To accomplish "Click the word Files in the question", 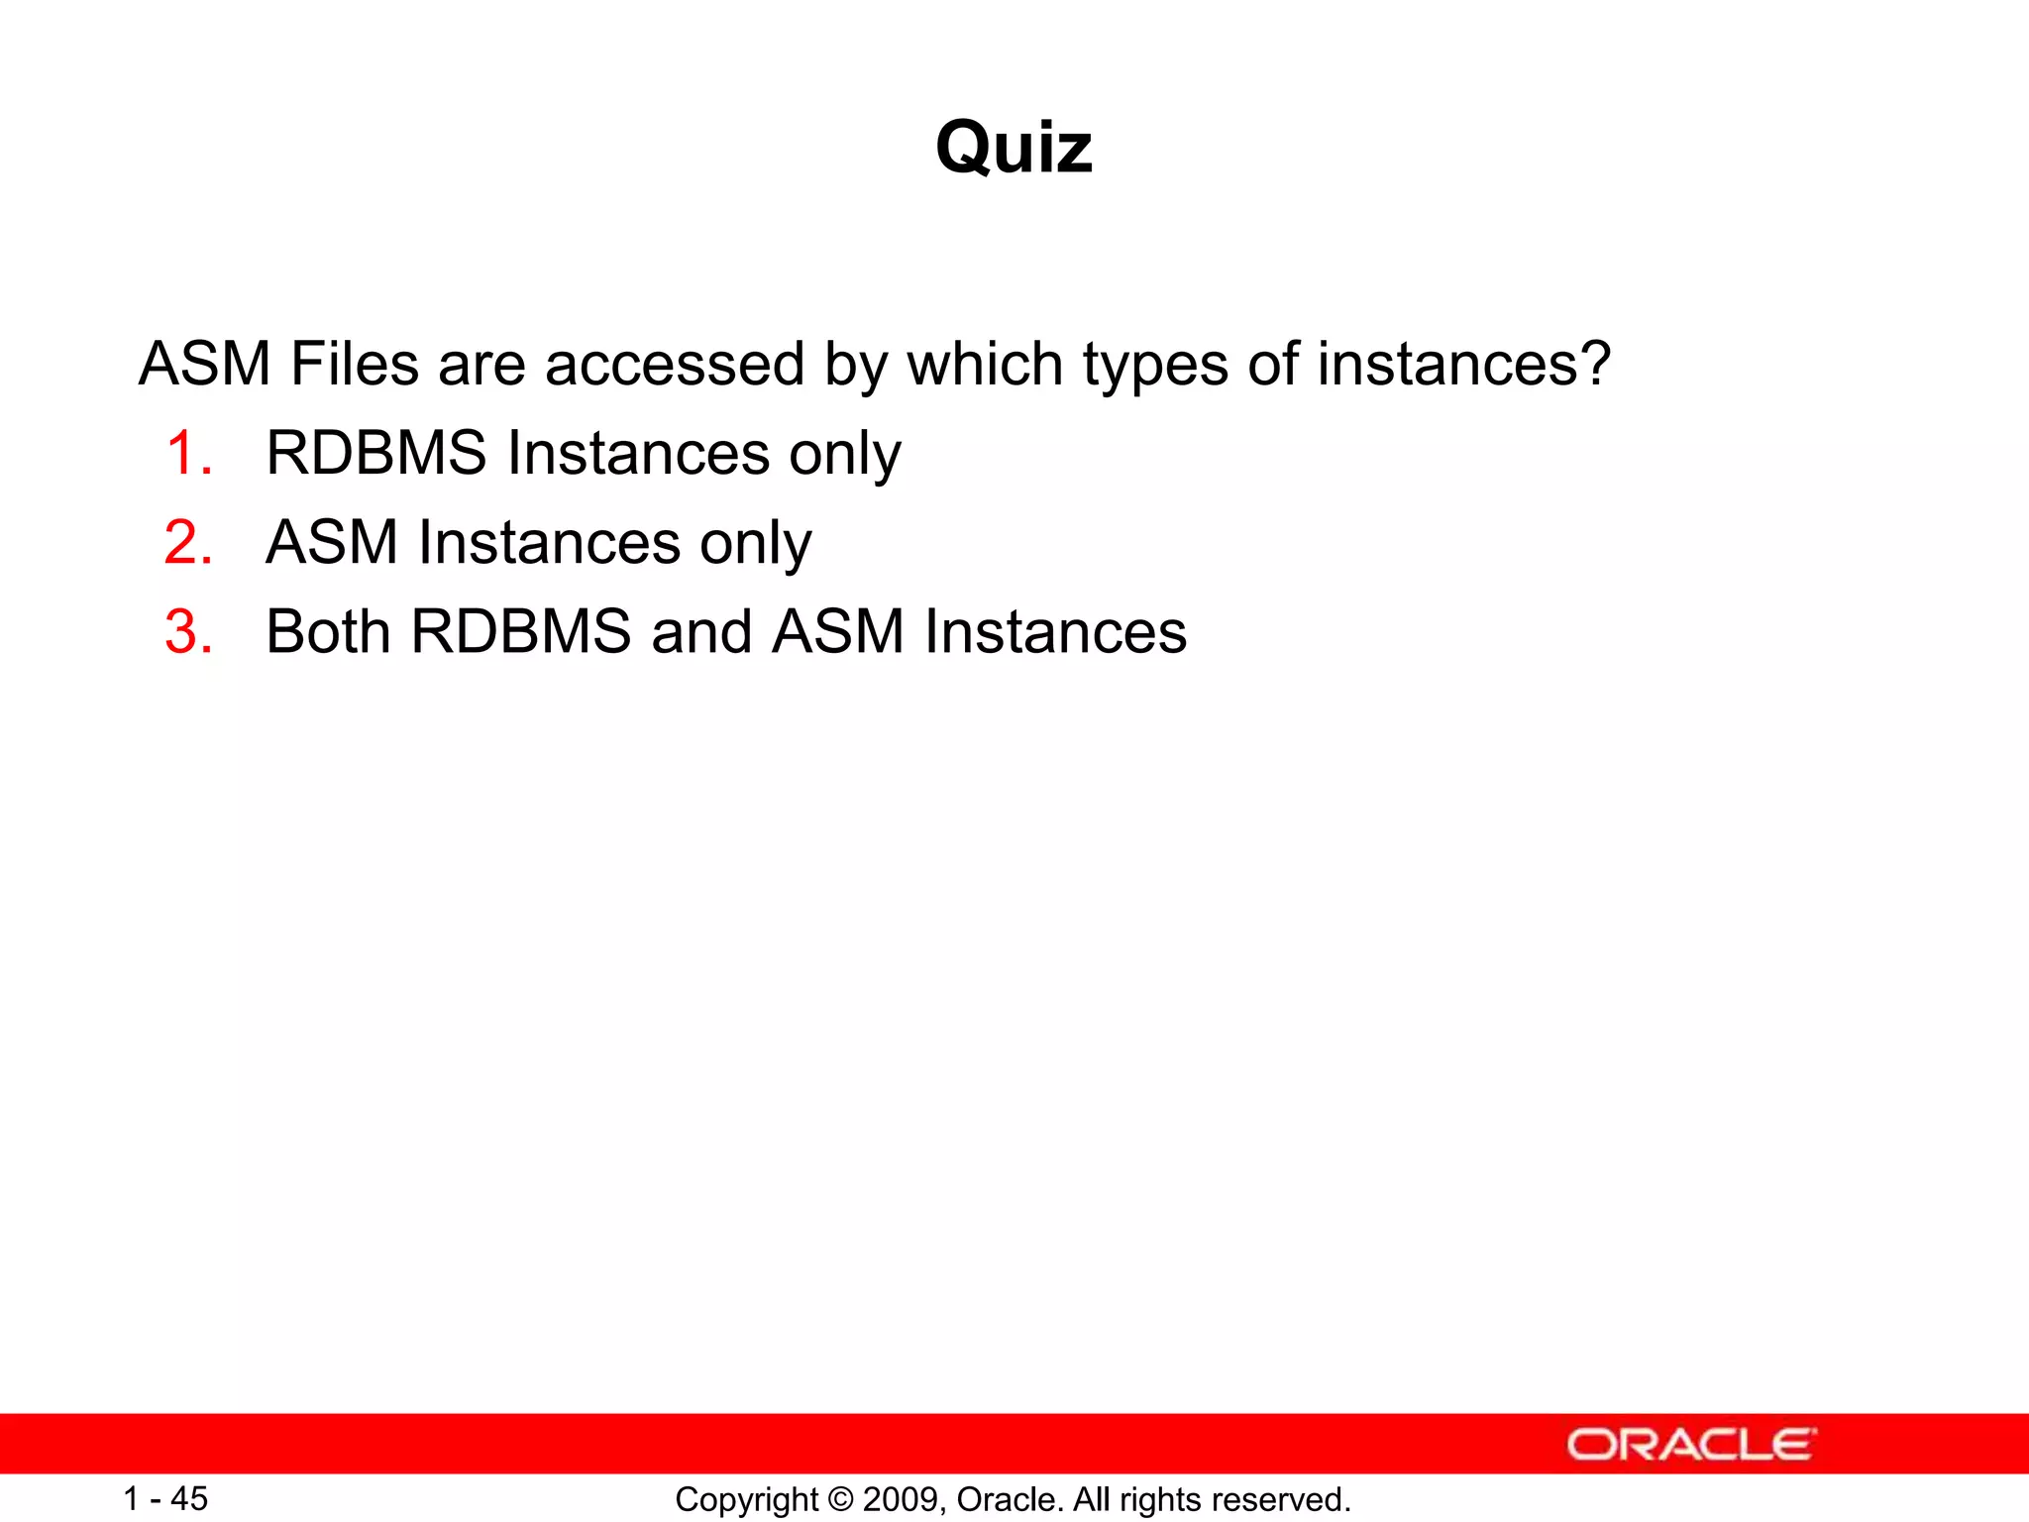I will point(354,364).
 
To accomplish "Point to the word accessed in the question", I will point(674,364).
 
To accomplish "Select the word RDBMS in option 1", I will point(376,454).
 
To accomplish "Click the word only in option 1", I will point(845,454).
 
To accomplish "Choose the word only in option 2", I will point(756,543).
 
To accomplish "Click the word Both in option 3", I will point(328,632).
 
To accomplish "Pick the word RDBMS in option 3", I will point(521,632).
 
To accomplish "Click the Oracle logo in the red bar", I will point(1690,1445).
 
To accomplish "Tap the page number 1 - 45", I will point(165,1499).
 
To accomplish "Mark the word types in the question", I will point(1154,364).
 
